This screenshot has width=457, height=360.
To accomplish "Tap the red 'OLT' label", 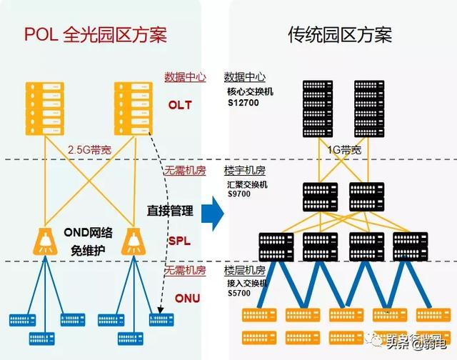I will (x=180, y=105).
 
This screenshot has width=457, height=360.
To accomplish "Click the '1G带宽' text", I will (x=343, y=151).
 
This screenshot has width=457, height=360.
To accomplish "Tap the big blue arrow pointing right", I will (x=211, y=214).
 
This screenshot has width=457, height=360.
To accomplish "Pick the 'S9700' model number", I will (x=239, y=194).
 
